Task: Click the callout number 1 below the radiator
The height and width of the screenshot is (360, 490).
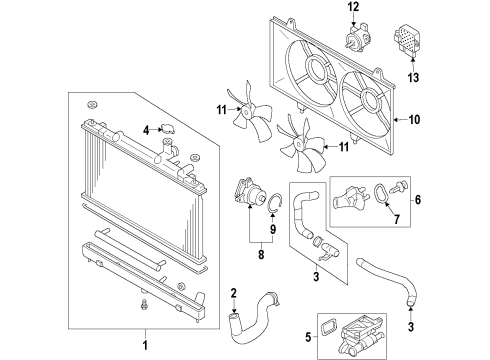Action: click(x=145, y=345)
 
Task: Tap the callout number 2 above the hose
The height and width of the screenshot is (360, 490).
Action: click(x=234, y=293)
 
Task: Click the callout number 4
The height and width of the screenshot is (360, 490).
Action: click(x=146, y=131)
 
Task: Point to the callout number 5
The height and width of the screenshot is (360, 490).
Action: click(x=308, y=337)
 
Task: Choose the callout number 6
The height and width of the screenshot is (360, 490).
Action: click(x=418, y=200)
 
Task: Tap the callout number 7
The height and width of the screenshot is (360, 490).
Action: click(x=397, y=219)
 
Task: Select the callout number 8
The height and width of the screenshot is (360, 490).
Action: click(x=261, y=255)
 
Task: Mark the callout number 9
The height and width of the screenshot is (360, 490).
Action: click(x=273, y=229)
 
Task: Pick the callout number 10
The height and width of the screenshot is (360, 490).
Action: click(x=414, y=119)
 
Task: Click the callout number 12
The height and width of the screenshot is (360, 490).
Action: click(x=354, y=7)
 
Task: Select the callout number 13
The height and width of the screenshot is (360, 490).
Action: click(x=413, y=78)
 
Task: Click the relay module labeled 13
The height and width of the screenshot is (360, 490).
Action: click(x=408, y=41)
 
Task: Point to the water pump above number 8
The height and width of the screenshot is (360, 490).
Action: click(x=250, y=192)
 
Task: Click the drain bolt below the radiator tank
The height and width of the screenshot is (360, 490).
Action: click(x=144, y=304)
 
